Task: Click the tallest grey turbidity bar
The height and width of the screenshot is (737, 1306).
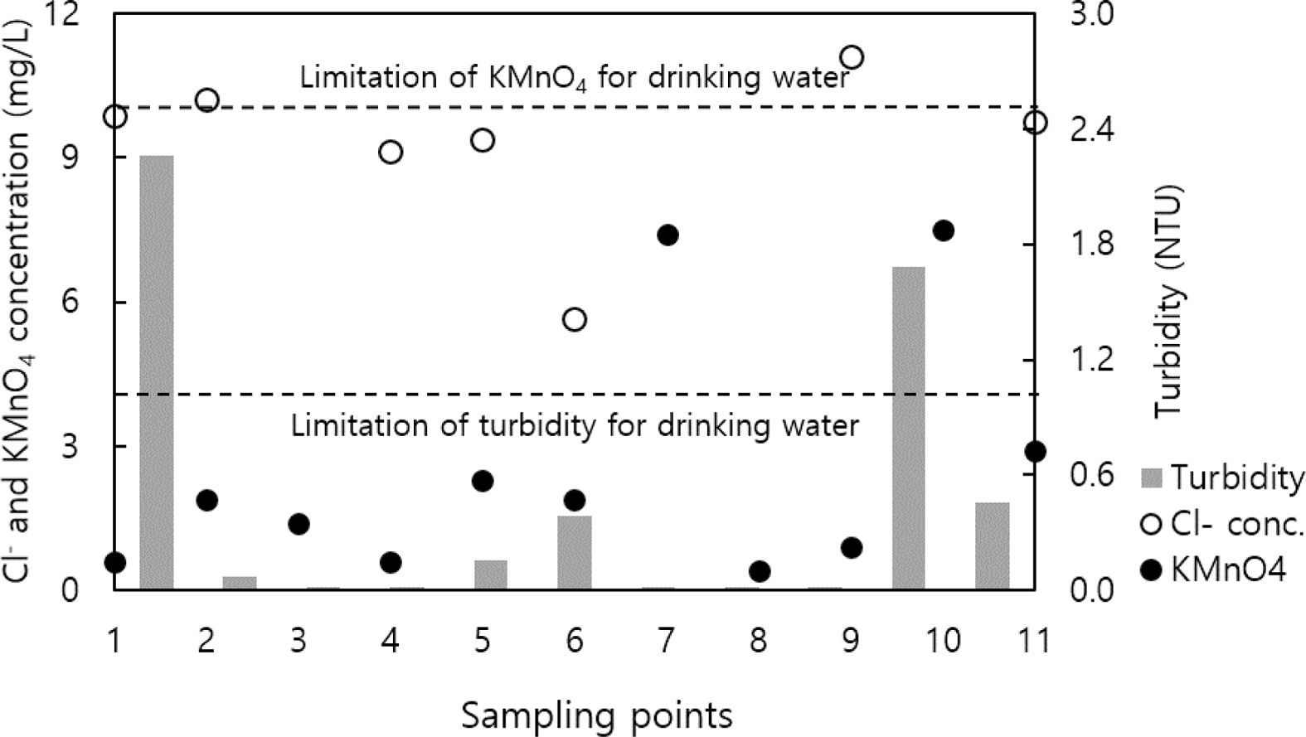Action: (x=157, y=372)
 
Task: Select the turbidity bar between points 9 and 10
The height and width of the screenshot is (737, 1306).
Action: (x=908, y=429)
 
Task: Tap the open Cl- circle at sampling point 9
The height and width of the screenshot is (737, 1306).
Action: (x=852, y=57)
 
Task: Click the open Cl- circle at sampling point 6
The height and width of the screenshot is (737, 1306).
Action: (x=575, y=319)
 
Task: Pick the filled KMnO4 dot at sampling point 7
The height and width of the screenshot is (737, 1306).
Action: (x=668, y=235)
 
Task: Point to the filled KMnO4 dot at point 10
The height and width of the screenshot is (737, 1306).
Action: (x=943, y=230)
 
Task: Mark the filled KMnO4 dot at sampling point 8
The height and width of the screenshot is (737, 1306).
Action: (x=760, y=571)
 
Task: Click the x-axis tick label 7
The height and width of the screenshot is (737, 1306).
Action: (x=667, y=641)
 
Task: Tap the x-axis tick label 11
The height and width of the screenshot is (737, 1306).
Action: (x=1033, y=641)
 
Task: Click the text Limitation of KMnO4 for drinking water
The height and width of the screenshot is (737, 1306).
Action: (x=574, y=78)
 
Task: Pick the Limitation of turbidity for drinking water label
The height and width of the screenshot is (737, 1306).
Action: (x=574, y=425)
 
